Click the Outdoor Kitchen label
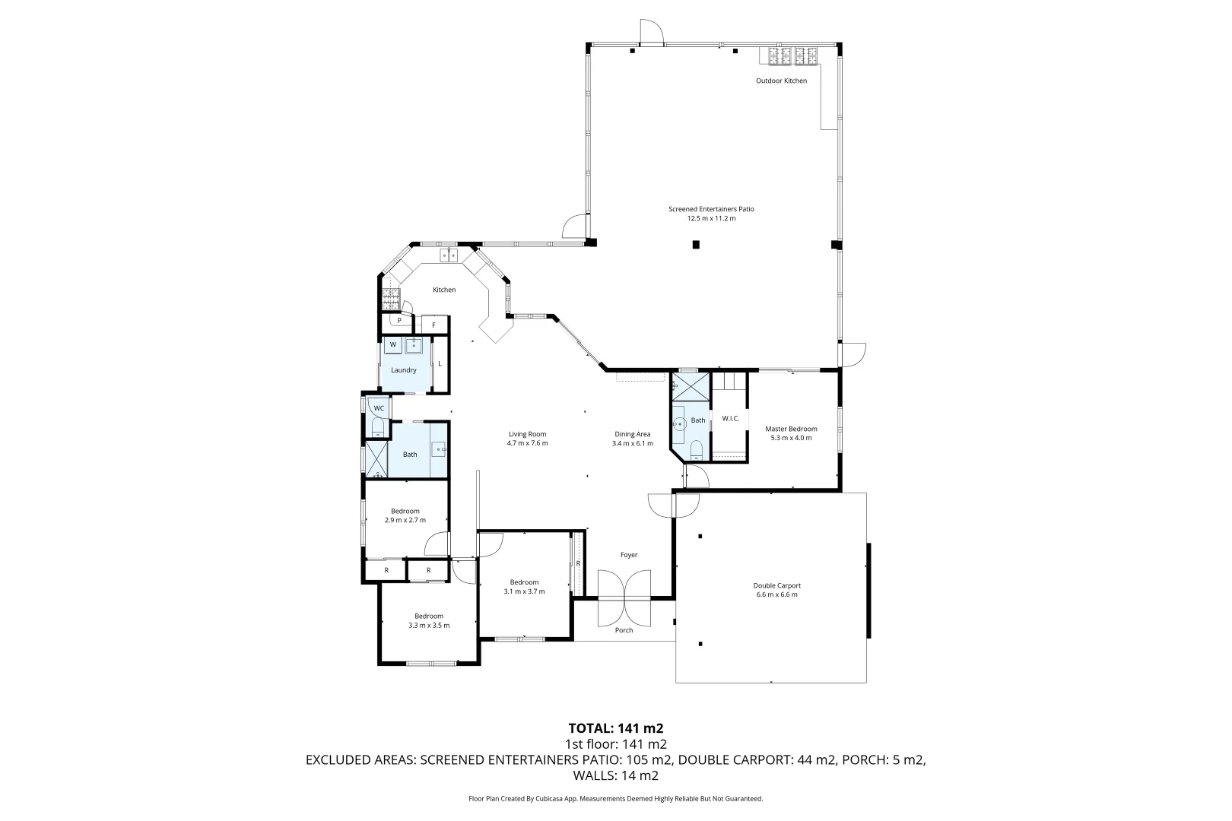(x=781, y=81)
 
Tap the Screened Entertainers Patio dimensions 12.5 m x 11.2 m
(x=711, y=218)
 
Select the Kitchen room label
(x=444, y=290)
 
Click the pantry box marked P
(x=398, y=321)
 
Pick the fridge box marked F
(x=434, y=325)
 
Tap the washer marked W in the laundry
(x=393, y=345)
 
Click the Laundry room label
(x=403, y=370)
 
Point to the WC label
(x=378, y=408)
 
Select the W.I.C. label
(x=730, y=418)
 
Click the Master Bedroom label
(x=791, y=429)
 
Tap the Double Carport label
(x=776, y=585)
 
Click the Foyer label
(x=628, y=555)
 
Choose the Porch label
(x=624, y=630)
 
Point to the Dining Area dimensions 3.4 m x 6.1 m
(x=632, y=443)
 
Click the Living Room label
(x=528, y=434)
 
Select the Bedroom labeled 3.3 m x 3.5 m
(x=429, y=620)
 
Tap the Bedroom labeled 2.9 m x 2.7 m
(x=405, y=515)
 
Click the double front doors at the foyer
(x=624, y=596)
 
